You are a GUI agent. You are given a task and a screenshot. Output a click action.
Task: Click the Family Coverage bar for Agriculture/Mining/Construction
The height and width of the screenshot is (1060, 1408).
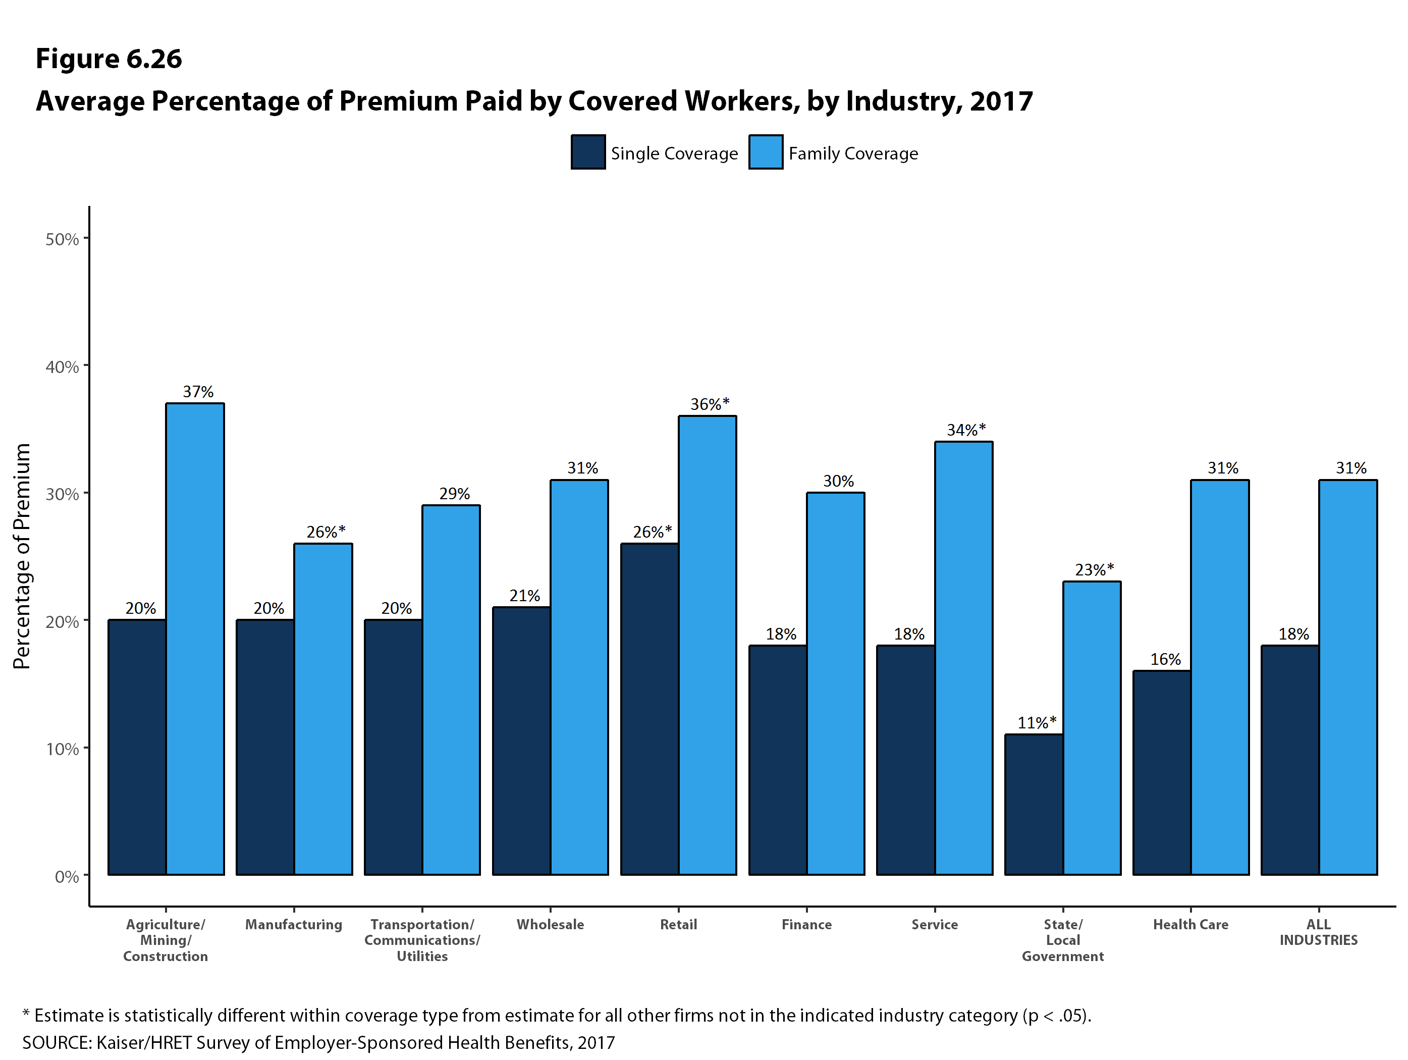pyautogui.click(x=195, y=639)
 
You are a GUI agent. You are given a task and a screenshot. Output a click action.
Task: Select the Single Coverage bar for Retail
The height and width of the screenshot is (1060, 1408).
pyautogui.click(x=649, y=709)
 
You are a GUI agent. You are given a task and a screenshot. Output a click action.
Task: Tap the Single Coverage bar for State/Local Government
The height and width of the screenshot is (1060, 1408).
pyautogui.click(x=1034, y=804)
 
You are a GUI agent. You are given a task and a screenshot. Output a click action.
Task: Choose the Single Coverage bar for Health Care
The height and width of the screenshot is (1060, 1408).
pyautogui.click(x=1162, y=772)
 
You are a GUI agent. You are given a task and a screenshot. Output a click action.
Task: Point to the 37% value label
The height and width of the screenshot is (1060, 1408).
pyautogui.click(x=198, y=392)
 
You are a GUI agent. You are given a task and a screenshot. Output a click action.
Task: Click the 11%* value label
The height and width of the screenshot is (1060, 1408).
pyautogui.click(x=1036, y=723)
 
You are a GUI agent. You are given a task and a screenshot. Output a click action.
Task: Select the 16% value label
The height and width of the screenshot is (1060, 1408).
pyautogui.click(x=1165, y=659)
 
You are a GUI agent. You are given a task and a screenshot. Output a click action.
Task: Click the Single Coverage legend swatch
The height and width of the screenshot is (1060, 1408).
pyautogui.click(x=587, y=152)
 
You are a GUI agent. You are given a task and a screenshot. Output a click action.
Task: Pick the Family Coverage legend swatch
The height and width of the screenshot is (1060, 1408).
pyautogui.click(x=765, y=152)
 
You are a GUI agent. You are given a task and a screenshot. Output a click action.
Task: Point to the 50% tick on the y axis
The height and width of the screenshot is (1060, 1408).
pyautogui.click(x=63, y=239)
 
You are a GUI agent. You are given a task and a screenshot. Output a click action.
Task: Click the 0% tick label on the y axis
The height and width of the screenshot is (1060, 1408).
pyautogui.click(x=67, y=877)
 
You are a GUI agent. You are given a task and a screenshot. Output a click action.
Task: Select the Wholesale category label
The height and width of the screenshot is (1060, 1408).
pyautogui.click(x=550, y=924)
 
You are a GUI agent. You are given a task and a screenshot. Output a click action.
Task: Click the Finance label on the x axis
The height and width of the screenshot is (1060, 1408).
pyautogui.click(x=806, y=924)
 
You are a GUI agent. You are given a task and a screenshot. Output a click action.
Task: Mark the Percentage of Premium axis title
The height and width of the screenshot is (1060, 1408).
pyautogui.click(x=22, y=556)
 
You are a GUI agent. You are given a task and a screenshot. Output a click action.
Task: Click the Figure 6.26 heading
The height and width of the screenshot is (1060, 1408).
pyautogui.click(x=109, y=59)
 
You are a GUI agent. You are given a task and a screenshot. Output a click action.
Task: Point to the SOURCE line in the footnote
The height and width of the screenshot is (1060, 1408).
pyautogui.click(x=318, y=1043)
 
